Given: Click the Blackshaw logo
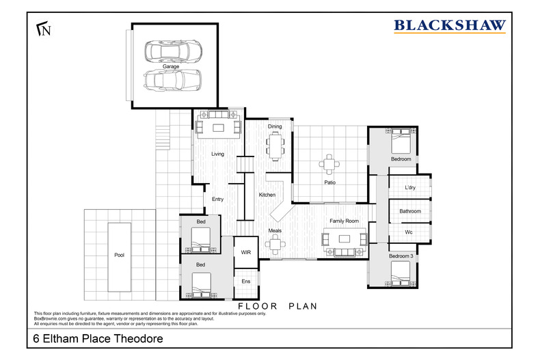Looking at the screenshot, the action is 450,26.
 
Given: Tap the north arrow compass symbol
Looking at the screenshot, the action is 44,29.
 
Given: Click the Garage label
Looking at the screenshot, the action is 171,66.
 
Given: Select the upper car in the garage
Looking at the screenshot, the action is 173,51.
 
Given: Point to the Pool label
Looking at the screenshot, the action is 119,255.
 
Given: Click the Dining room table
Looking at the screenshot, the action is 275,147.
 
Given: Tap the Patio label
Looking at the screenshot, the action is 330,182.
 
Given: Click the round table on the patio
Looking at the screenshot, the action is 329,164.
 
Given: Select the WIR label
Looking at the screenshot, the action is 246,252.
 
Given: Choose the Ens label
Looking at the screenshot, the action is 246,281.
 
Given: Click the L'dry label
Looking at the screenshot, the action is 410,188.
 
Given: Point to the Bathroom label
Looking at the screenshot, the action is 410,211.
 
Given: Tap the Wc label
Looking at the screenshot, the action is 409,232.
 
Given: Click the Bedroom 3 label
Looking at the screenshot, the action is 401,256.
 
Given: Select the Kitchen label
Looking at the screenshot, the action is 267,195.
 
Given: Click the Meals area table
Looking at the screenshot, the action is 275,245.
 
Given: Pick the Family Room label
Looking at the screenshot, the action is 344,221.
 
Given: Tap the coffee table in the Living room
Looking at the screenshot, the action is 218,128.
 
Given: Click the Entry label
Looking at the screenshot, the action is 217,199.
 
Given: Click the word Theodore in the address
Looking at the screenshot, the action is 139,339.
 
